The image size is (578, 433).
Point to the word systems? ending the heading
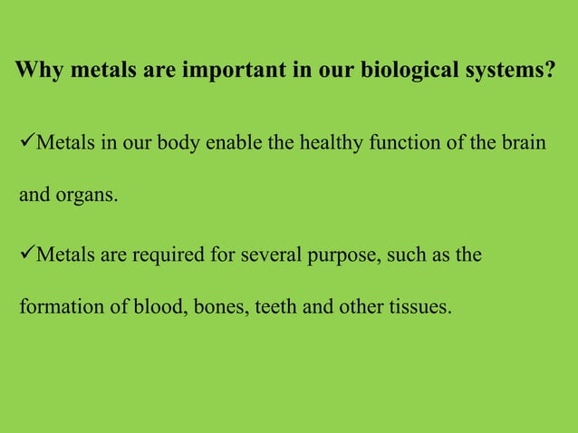pos(507,71)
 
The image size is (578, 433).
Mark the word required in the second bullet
pos(168,256)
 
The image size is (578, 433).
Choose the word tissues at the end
pos(419,307)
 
